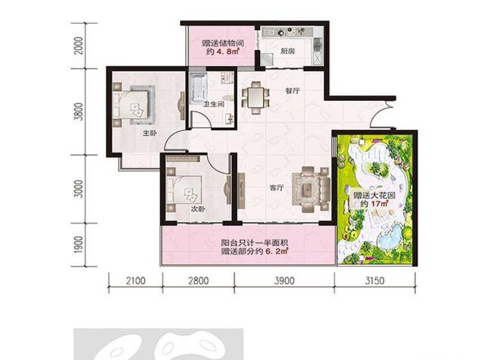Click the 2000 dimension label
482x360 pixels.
click(x=78, y=46)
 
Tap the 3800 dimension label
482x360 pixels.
click(x=78, y=111)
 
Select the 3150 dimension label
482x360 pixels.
click(x=375, y=281)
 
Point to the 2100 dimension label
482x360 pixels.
click(x=136, y=281)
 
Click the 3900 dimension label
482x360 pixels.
click(x=284, y=281)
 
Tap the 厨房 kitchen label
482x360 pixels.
click(x=287, y=51)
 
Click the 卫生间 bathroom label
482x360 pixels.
click(x=213, y=104)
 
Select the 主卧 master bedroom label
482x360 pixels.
click(x=150, y=134)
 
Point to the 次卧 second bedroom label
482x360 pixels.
click(x=198, y=209)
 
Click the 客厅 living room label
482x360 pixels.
click(x=276, y=188)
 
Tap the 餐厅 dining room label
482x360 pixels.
click(x=292, y=91)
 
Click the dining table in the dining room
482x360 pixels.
click(x=255, y=97)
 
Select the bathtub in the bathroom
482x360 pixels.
click(x=198, y=87)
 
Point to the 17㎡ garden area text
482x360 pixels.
click(x=380, y=204)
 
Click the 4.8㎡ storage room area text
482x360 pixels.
click(x=228, y=51)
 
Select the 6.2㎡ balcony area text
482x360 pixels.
click(x=276, y=251)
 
